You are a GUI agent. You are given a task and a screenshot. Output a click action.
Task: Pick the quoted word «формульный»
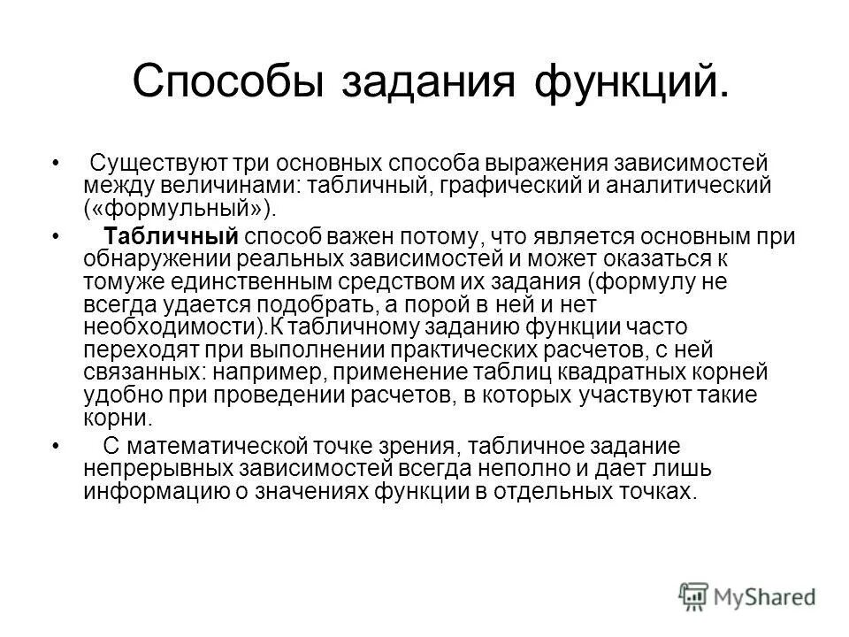[181, 207]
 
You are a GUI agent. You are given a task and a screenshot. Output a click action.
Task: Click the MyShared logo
[747, 595]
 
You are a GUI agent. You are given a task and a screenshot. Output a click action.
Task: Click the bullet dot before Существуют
[58, 165]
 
